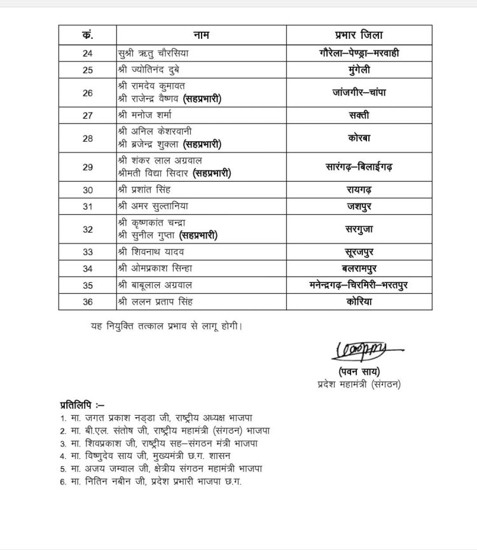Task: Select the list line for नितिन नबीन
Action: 156,481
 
